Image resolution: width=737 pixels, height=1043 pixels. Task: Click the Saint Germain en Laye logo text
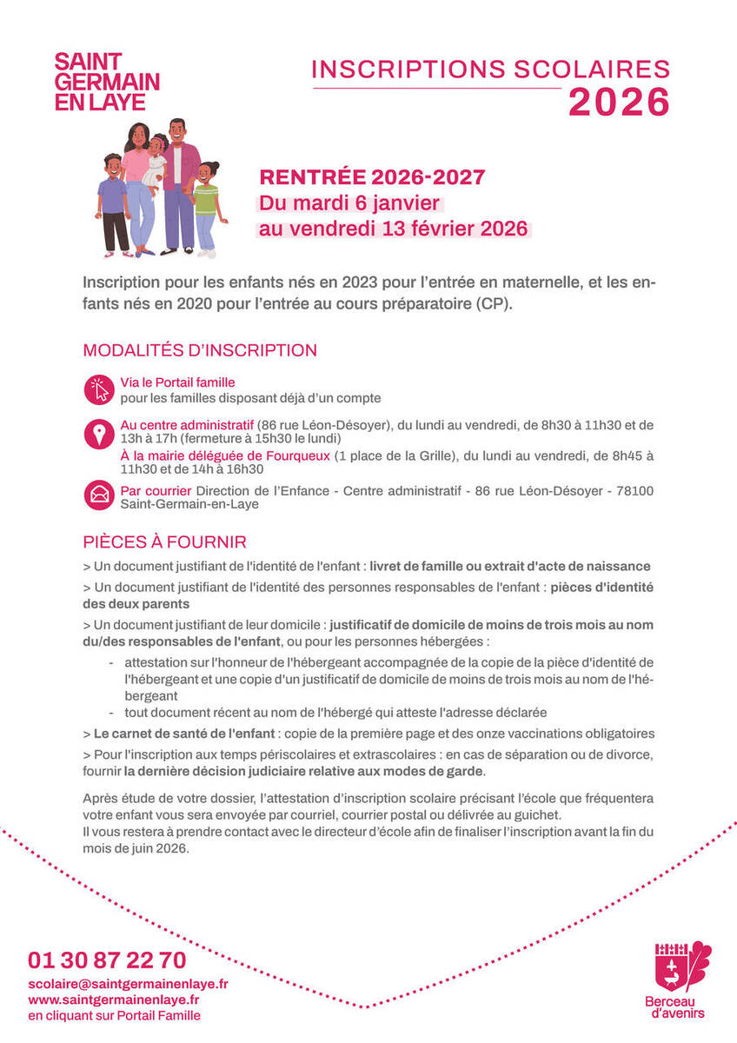(107, 82)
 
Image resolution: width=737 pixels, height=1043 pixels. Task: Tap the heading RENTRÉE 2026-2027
(372, 178)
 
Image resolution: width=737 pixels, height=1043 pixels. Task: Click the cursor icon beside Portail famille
(99, 389)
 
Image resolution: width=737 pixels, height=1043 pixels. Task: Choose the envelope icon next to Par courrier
(99, 495)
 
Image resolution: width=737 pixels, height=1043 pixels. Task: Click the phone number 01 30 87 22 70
(107, 960)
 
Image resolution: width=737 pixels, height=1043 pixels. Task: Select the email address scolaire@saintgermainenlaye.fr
(128, 984)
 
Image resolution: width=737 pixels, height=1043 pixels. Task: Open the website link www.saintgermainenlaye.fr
(114, 1000)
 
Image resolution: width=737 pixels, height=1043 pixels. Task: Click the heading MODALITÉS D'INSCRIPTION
(200, 351)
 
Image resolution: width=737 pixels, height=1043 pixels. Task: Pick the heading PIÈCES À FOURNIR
(164, 542)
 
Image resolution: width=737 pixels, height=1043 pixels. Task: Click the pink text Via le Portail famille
(177, 382)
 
